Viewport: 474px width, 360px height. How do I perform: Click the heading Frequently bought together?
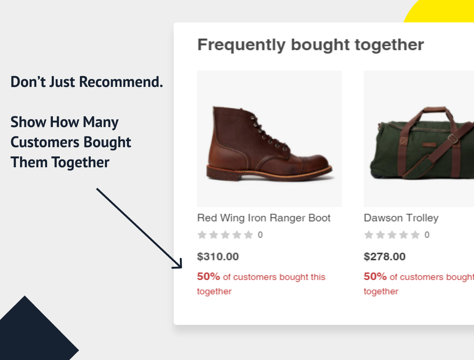310,45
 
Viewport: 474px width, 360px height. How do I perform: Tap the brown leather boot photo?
269,143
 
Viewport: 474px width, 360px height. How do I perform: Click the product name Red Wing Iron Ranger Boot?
264,218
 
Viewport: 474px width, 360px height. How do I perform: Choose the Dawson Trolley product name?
401,218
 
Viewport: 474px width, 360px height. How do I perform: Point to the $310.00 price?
218,256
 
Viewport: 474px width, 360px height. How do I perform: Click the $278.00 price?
384,256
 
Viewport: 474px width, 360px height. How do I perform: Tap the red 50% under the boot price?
208,277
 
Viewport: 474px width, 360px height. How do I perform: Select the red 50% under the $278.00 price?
375,277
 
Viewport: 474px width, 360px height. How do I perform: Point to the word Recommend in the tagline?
121,82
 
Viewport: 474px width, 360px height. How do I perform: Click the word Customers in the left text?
45,142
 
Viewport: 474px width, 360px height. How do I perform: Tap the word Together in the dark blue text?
80,163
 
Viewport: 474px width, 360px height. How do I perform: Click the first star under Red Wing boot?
202,235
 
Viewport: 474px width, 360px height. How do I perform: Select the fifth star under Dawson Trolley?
415,235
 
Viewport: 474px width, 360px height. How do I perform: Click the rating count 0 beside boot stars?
260,235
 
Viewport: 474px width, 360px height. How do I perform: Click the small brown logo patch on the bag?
429,144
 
